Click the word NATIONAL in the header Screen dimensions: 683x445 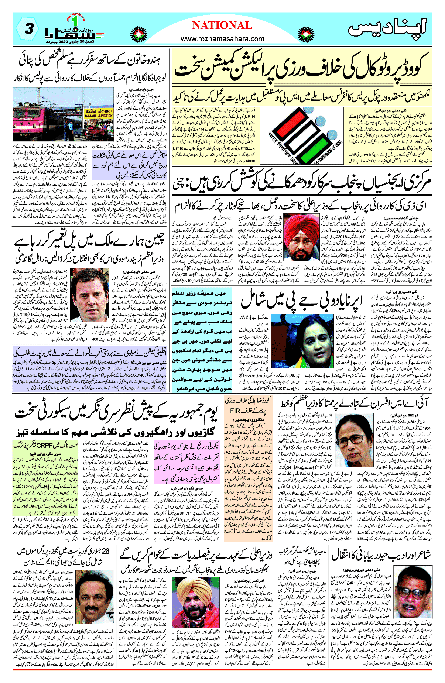(222, 25)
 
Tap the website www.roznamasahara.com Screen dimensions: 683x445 (222, 39)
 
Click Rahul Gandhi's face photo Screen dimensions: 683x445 (90, 294)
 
